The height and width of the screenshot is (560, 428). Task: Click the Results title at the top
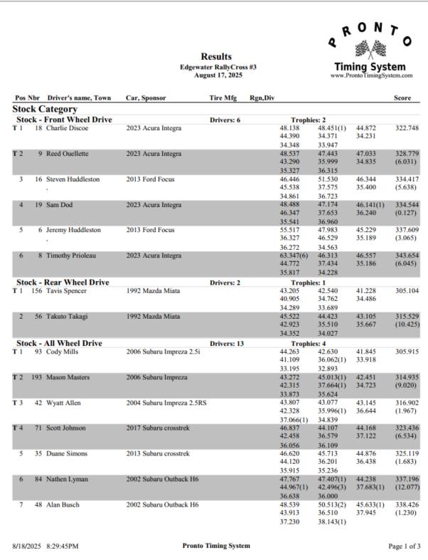(x=216, y=56)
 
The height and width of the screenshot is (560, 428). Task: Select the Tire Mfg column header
(x=223, y=97)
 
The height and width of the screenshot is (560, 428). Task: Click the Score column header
(x=402, y=97)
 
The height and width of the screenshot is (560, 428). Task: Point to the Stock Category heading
(x=45, y=109)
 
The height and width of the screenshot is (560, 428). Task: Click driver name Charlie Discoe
(x=68, y=128)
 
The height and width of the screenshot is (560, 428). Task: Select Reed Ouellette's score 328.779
(x=407, y=154)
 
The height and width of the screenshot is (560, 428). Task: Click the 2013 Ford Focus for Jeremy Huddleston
(x=150, y=231)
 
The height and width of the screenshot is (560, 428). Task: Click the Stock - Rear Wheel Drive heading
(x=63, y=282)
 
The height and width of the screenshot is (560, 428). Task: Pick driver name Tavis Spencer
(x=69, y=291)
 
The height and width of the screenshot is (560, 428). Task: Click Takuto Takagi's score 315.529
(x=407, y=317)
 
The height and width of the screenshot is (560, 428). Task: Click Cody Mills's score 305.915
(x=407, y=352)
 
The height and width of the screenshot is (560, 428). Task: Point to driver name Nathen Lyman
(x=68, y=480)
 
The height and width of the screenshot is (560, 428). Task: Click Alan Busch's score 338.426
(x=407, y=505)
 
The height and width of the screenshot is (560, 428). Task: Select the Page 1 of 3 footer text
(x=404, y=546)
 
